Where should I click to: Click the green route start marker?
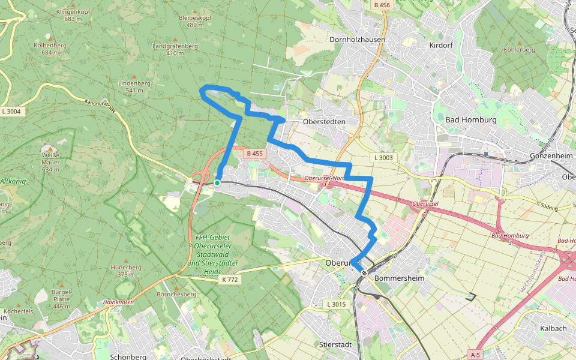coord(217,182)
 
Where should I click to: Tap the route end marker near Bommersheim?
coord(364,273)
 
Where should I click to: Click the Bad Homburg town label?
coord(470,120)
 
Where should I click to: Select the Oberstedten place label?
coord(325,121)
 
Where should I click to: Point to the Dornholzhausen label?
coord(358,40)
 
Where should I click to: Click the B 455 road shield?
coord(254,154)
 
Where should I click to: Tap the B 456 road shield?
coord(381,5)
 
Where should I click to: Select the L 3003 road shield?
coord(383,158)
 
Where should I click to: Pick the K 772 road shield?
coord(229,280)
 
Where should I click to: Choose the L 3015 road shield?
coord(337,305)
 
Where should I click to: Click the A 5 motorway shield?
coord(475,355)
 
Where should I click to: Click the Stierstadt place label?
coord(335,345)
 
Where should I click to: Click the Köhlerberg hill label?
coord(520,49)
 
